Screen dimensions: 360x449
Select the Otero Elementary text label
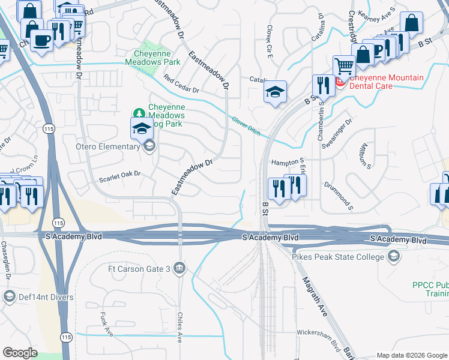[x=104, y=145]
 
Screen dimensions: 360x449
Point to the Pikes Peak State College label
[x=338, y=257]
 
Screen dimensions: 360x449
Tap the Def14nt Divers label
[x=46, y=297]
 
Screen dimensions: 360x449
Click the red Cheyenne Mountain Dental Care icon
[x=340, y=82]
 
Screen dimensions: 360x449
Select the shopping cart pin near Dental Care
[x=344, y=65]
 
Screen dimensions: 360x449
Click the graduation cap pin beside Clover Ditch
[x=275, y=91]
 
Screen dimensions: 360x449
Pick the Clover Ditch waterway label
[x=246, y=125]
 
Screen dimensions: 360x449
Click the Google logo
[x=20, y=353]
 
